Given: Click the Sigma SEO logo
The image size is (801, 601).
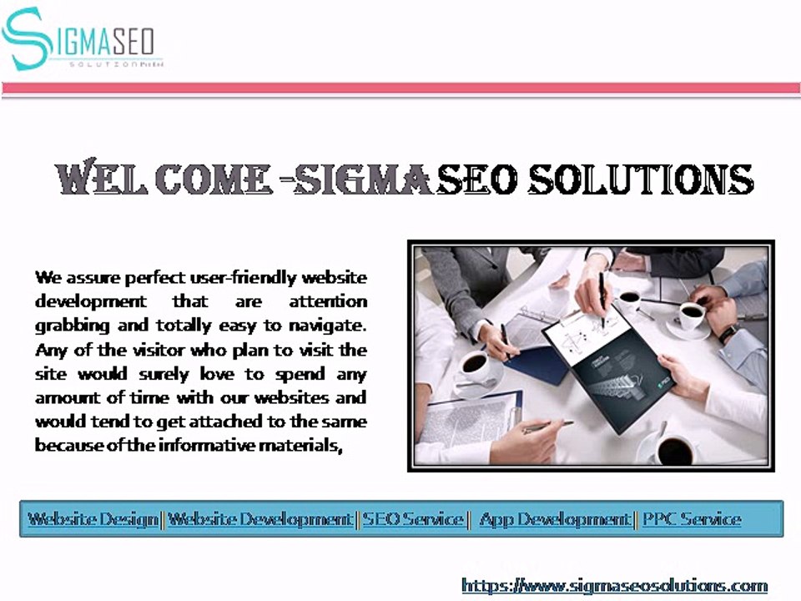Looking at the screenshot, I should click(81, 40).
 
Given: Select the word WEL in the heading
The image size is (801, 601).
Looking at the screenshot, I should click(100, 180).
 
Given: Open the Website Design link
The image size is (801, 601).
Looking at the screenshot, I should click(93, 519).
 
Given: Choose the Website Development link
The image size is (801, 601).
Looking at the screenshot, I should click(260, 519).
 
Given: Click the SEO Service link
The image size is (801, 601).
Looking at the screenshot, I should click(412, 519).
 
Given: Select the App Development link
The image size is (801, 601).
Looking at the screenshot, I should click(555, 519).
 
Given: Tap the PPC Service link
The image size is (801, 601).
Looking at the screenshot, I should click(692, 519).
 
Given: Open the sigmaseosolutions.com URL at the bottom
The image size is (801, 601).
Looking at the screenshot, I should click(614, 585).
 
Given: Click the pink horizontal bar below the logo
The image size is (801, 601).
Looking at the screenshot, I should click(400, 88).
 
